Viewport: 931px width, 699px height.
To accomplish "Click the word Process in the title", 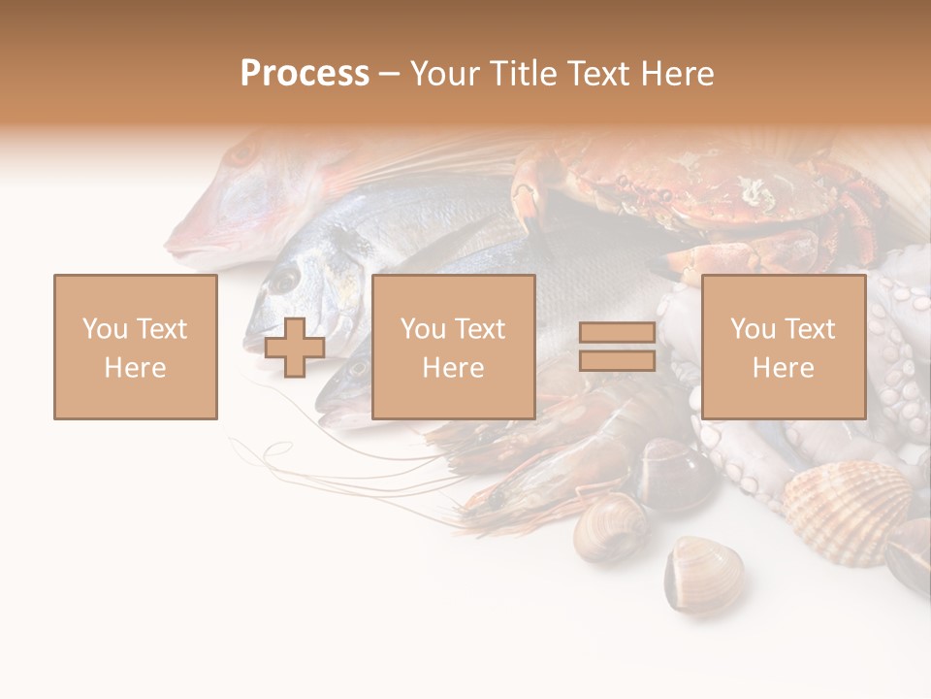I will pyautogui.click(x=305, y=74).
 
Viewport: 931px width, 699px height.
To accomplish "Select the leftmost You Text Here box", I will pyautogui.click(x=136, y=347).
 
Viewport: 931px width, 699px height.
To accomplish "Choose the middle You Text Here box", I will pyautogui.click(x=454, y=347).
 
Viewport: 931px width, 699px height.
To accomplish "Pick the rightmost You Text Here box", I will pyautogui.click(x=784, y=347).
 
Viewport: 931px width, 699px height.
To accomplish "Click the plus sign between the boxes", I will pyautogui.click(x=296, y=347).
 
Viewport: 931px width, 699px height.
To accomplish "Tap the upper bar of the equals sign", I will pyautogui.click(x=617, y=333).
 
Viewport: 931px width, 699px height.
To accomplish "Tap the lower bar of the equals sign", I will pyautogui.click(x=617, y=361).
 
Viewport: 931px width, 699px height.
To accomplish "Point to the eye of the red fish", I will pyautogui.click(x=241, y=153).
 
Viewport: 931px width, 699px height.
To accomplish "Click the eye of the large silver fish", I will pyautogui.click(x=283, y=281).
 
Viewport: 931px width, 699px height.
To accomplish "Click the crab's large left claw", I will pyautogui.click(x=533, y=194).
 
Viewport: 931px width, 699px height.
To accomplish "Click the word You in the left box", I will pyautogui.click(x=104, y=328).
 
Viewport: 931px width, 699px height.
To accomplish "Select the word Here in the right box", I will pyautogui.click(x=784, y=367).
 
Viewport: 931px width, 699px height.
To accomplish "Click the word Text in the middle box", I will pyautogui.click(x=480, y=328).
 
